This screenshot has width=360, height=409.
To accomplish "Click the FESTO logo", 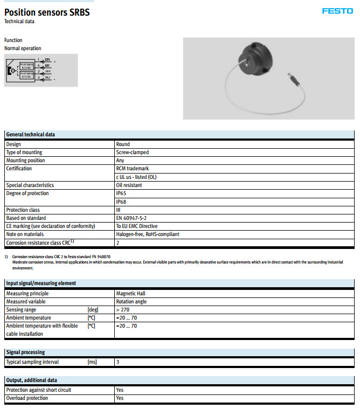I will tap(337, 11).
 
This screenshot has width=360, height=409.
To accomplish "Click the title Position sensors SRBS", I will tap(47, 12).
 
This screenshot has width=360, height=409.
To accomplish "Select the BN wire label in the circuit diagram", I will tap(47, 59).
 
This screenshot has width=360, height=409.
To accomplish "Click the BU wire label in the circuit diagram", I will tap(47, 79).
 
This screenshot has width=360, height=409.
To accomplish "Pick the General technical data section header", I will tap(31, 135).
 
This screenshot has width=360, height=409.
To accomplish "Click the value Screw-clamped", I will tap(132, 152).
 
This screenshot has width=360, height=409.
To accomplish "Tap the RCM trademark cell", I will tap(133, 169).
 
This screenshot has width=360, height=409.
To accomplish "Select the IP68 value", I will tap(121, 202).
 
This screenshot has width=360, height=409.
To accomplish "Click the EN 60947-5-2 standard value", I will tap(131, 218).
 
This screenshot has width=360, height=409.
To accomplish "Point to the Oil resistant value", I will tap(129, 185).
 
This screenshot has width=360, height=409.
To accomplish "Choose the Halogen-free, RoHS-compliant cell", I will tap(148, 234).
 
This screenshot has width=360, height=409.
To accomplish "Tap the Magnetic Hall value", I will tap(130, 294).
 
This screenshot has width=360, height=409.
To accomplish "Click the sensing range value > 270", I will tap(123, 310).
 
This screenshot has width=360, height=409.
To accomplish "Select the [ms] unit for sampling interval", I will tap(92, 362).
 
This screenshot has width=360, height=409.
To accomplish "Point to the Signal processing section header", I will tap(25, 352).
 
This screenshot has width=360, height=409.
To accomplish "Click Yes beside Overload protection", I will tap(120, 398).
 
